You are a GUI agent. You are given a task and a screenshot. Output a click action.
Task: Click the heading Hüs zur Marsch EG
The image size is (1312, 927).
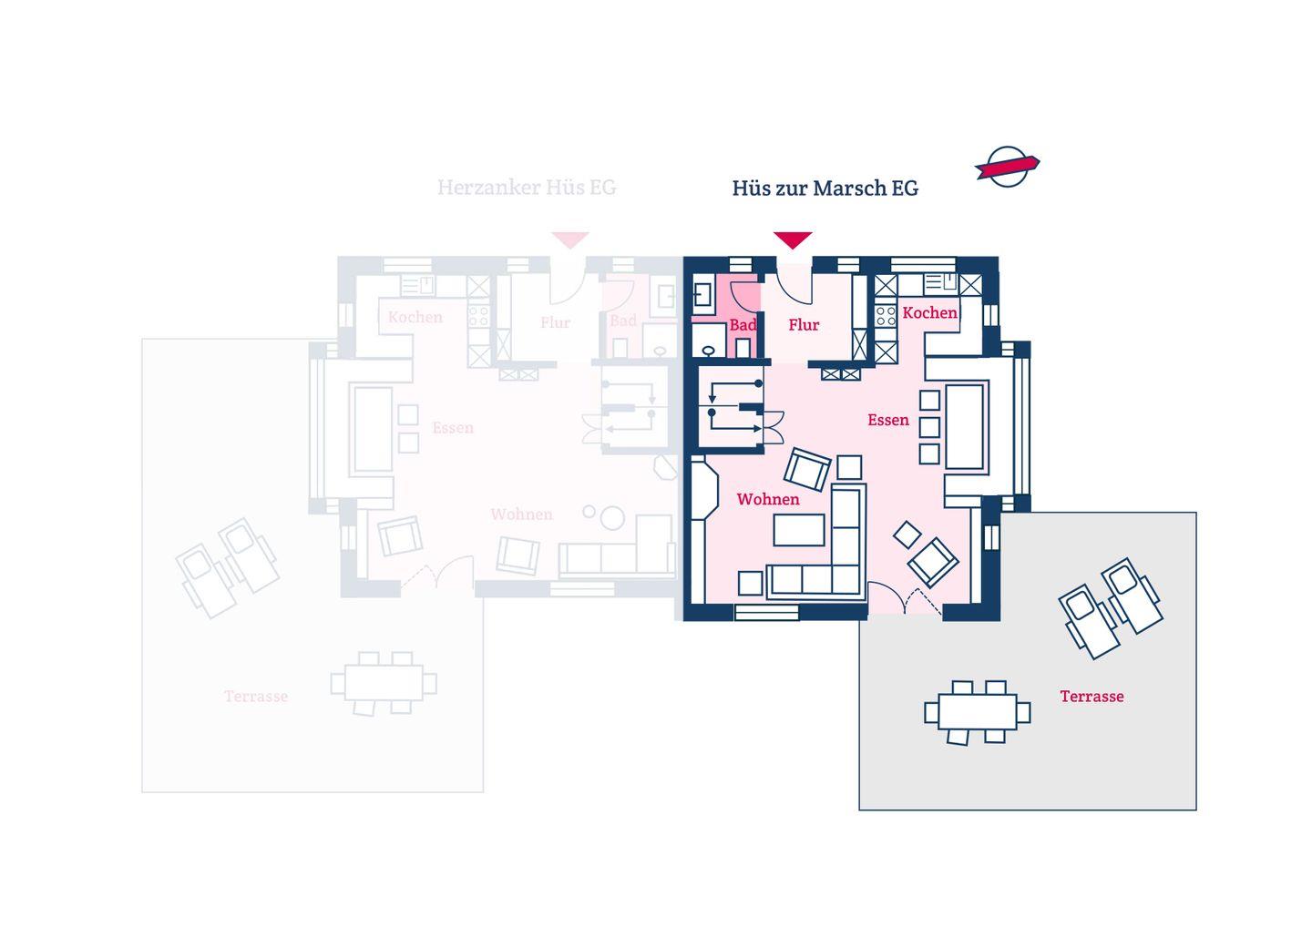pyautogui.click(x=825, y=188)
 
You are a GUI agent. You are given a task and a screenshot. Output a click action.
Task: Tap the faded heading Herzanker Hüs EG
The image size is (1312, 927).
pyautogui.click(x=527, y=188)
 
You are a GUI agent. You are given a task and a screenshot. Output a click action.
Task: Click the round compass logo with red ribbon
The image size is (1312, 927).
pyautogui.click(x=1007, y=167)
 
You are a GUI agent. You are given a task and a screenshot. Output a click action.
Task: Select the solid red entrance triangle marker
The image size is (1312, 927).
pyautogui.click(x=793, y=239)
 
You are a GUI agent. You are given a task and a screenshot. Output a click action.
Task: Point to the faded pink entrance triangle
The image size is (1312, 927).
pyautogui.click(x=570, y=239)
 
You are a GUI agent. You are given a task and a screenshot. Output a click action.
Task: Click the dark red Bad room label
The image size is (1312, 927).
pyautogui.click(x=743, y=325)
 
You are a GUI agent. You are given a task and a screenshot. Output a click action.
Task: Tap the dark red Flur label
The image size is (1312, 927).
pyautogui.click(x=804, y=325)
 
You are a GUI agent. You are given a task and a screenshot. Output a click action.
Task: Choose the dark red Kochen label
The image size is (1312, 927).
pyautogui.click(x=929, y=312)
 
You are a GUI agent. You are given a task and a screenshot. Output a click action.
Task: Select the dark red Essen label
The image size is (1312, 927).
pyautogui.click(x=887, y=420)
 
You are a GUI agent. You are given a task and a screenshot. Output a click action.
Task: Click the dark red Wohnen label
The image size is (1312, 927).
pyautogui.click(x=768, y=499)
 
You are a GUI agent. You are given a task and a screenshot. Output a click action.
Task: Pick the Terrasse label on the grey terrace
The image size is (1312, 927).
pyautogui.click(x=1092, y=697)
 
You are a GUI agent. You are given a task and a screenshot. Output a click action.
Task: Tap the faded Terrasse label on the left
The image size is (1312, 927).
pyautogui.click(x=256, y=697)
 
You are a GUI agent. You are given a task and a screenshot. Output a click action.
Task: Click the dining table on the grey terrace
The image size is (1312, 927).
pyautogui.click(x=977, y=711)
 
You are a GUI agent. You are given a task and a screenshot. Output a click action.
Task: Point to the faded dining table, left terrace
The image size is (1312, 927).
pyautogui.click(x=383, y=682)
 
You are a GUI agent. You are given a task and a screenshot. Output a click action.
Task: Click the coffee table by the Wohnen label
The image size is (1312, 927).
pyautogui.click(x=799, y=529)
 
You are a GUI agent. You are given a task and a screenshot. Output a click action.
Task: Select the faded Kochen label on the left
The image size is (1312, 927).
pyautogui.click(x=415, y=317)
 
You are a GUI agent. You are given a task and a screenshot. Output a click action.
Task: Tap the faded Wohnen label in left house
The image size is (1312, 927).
pyautogui.click(x=521, y=514)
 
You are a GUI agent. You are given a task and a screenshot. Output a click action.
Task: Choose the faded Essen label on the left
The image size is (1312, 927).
pyautogui.click(x=453, y=428)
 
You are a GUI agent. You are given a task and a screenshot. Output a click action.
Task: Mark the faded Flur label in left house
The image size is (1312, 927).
pyautogui.click(x=555, y=322)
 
